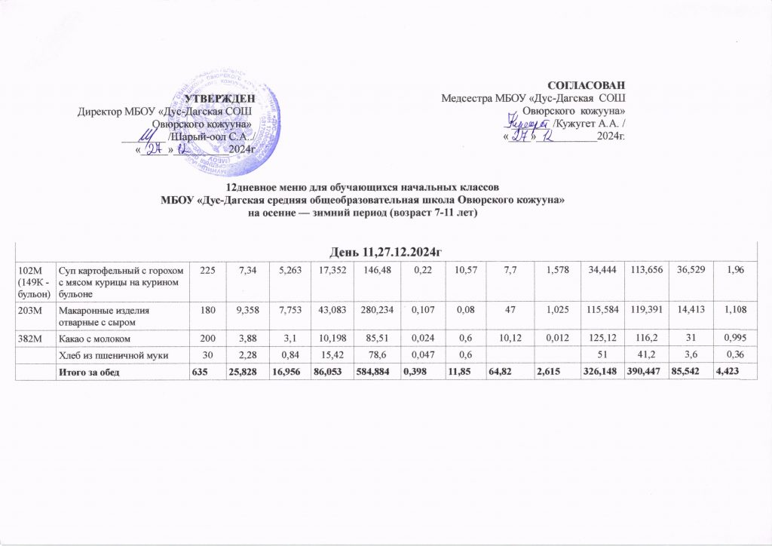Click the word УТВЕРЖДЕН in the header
[219, 98]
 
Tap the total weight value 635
[201, 370]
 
